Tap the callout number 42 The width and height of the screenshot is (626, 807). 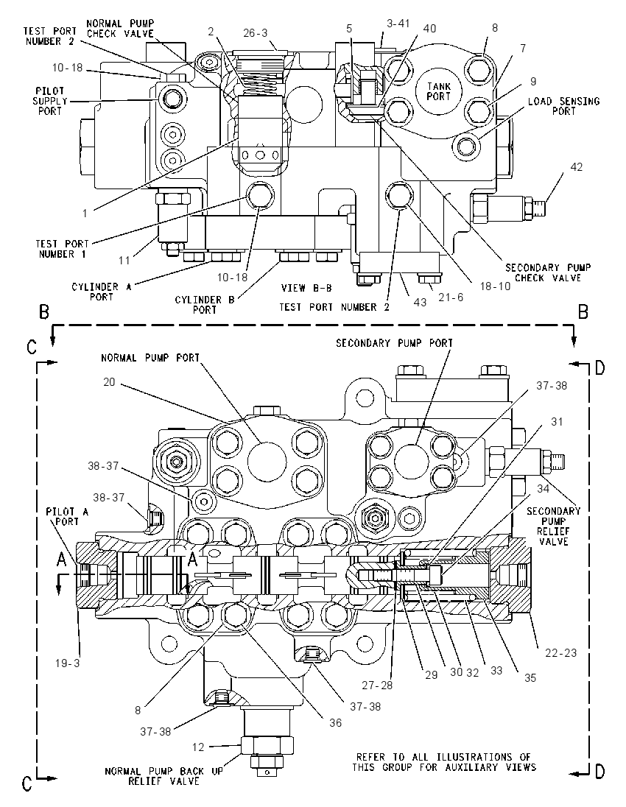coord(576,166)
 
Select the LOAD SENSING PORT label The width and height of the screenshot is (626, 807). coord(563,106)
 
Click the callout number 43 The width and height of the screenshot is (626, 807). coord(420,302)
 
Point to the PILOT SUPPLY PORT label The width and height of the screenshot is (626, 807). coord(50,101)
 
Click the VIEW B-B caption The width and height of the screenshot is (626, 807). coord(306,288)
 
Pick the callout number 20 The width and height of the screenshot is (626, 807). coord(109,382)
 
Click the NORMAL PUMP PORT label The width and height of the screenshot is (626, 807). coord(150,358)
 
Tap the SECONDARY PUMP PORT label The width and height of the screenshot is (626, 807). coord(394,343)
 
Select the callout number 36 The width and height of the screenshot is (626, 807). coord(335,723)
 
